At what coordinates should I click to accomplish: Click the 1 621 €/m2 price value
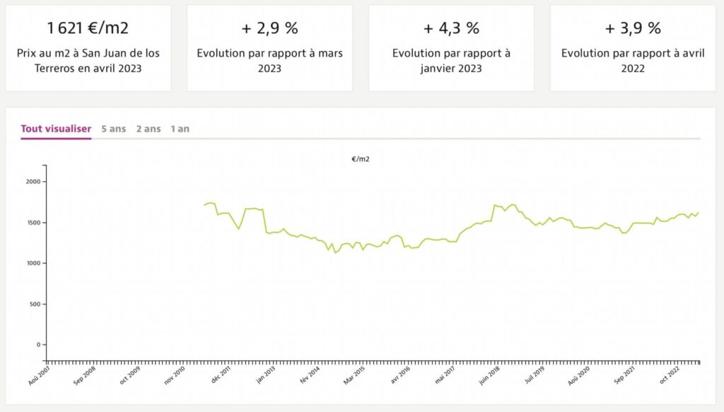88,28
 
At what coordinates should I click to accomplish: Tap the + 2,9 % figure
269,28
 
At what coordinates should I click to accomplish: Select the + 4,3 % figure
451,28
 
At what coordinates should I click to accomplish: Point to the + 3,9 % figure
633,28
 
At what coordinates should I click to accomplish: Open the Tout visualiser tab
56,129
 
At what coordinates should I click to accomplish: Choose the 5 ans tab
113,129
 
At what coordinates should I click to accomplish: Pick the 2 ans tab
148,129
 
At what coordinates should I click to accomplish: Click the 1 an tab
180,129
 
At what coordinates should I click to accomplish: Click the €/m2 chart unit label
361,159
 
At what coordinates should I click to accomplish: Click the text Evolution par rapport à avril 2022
633,61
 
